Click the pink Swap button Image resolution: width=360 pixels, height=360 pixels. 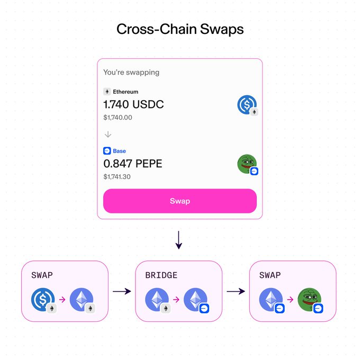179,201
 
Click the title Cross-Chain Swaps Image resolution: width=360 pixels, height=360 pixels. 180,29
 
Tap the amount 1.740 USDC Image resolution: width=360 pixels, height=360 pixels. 133,104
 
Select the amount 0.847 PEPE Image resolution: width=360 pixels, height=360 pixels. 132,164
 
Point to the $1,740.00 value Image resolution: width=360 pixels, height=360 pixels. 118,118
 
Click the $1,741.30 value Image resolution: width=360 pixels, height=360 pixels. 118,176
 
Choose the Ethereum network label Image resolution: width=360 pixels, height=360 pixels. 125,92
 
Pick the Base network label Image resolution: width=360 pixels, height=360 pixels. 119,151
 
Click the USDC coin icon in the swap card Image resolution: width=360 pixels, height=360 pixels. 247,104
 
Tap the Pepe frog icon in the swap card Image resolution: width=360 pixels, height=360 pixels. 247,164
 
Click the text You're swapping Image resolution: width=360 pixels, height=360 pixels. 131,72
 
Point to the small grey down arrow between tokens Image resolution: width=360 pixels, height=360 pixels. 108,134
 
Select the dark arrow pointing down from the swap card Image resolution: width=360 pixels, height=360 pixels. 179,240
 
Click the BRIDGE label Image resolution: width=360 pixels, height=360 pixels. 161,275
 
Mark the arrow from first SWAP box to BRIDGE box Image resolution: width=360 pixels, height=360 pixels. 121,291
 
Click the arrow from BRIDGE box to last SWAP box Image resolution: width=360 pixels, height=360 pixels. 236,291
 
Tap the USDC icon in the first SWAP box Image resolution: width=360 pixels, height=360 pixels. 42,299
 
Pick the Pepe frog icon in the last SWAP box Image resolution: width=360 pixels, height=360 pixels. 309,299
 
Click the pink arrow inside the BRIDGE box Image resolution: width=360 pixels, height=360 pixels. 176,300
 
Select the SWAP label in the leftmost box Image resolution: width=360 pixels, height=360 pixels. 42,275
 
